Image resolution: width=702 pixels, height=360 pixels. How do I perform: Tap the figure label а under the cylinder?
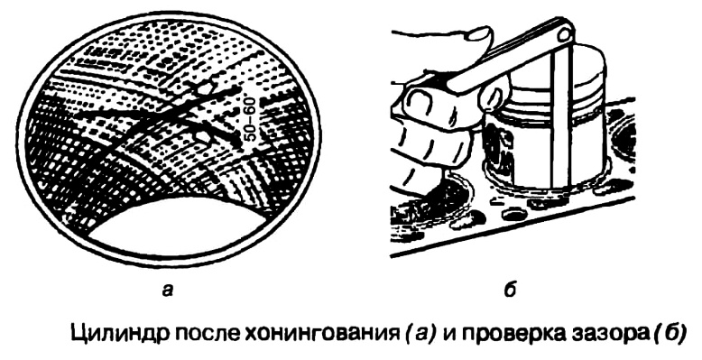[168, 291]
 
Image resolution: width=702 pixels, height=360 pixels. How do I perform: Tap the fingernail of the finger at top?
[478, 35]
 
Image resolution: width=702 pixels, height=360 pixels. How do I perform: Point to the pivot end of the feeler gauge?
[564, 32]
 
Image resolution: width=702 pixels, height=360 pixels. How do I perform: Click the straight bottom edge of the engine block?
[513, 226]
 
